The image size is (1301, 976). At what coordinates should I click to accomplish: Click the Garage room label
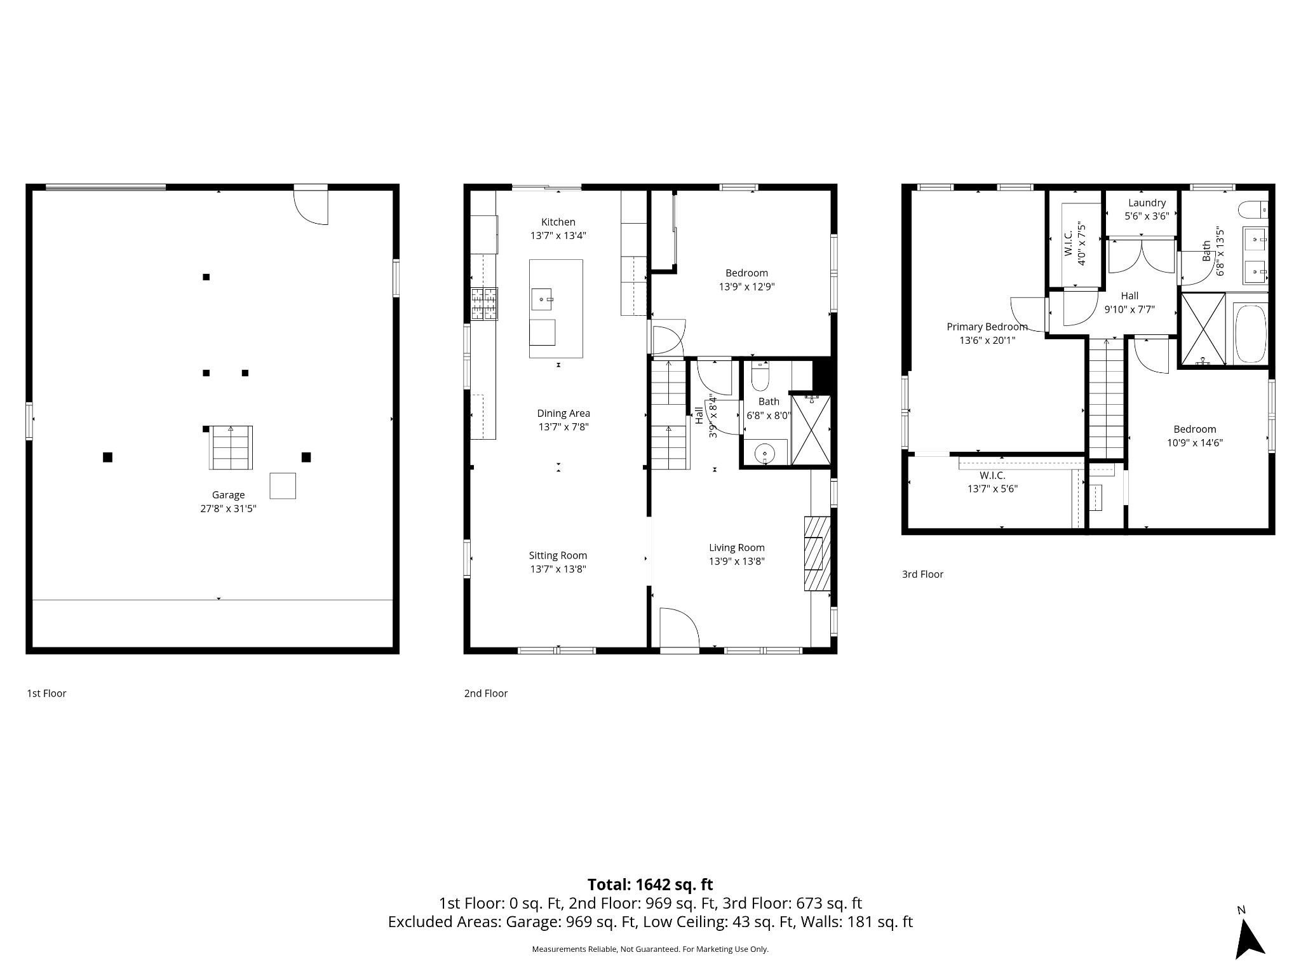pyautogui.click(x=228, y=495)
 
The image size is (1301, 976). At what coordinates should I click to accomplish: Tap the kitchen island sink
pyautogui.click(x=542, y=298)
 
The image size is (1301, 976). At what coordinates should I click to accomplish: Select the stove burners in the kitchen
pyautogui.click(x=484, y=304)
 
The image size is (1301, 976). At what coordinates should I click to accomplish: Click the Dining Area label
pyautogui.click(x=563, y=413)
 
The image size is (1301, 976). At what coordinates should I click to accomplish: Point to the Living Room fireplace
pyautogui.click(x=817, y=553)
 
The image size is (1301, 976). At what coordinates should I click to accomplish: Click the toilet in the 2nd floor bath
pyautogui.click(x=760, y=377)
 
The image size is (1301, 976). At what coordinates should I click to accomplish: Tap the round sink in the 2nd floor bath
pyautogui.click(x=764, y=454)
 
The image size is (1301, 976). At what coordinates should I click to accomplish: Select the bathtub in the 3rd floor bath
pyautogui.click(x=1250, y=334)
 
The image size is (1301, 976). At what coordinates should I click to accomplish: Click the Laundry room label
pyautogui.click(x=1147, y=203)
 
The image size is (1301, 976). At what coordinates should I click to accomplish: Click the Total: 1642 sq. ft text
pyautogui.click(x=650, y=884)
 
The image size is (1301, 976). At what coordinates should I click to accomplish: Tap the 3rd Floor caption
pyautogui.click(x=922, y=574)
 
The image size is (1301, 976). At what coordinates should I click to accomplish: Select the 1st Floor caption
pyautogui.click(x=46, y=693)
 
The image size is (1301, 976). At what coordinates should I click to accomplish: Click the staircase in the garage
pyautogui.click(x=231, y=447)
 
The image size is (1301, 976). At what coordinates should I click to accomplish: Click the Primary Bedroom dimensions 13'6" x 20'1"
pyautogui.click(x=987, y=340)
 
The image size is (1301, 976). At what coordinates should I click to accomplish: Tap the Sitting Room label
pyautogui.click(x=558, y=555)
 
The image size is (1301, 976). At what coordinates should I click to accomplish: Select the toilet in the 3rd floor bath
pyautogui.click(x=1253, y=210)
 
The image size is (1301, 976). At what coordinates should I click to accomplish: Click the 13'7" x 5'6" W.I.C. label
pyautogui.click(x=992, y=489)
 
